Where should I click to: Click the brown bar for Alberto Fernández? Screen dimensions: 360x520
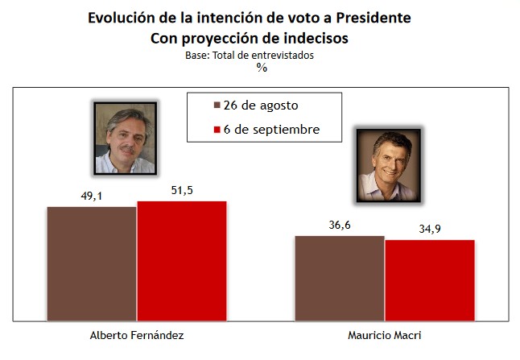click(92, 263)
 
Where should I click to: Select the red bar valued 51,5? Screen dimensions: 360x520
click(182, 260)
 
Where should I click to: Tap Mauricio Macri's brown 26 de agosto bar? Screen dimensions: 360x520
click(340, 278)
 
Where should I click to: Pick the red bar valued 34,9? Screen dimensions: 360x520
click(430, 279)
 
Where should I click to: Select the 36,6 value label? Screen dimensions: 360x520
click(339, 224)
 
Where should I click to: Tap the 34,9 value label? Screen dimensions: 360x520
click(428, 229)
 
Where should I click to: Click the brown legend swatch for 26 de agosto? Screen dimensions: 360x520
click(216, 106)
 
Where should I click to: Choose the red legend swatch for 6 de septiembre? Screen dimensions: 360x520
click(216, 129)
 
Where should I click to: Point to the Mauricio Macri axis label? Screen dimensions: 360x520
click(385, 336)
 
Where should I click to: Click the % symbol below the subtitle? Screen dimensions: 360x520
click(262, 68)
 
